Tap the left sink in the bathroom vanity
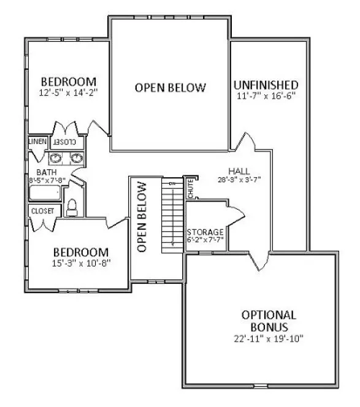pyautogui.click(x=56, y=159)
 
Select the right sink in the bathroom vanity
pyautogui.click(x=77, y=159)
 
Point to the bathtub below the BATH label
pyautogui.click(x=45, y=194)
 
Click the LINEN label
pyautogui.click(x=37, y=142)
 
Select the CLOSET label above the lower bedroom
pyautogui.click(x=42, y=211)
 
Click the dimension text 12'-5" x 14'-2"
pyautogui.click(x=69, y=93)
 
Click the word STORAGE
pyautogui.click(x=205, y=232)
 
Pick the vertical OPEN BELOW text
pyautogui.click(x=142, y=217)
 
